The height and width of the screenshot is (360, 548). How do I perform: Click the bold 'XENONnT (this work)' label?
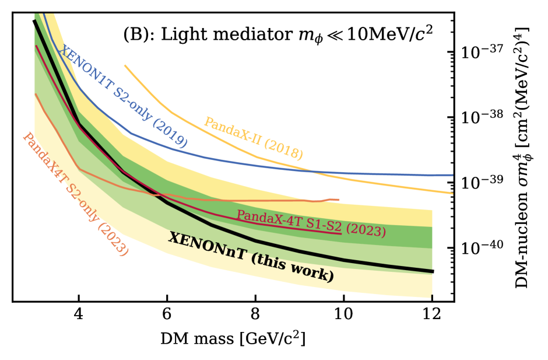(251, 257)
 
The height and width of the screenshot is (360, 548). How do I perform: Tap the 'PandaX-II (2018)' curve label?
(253, 138)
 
